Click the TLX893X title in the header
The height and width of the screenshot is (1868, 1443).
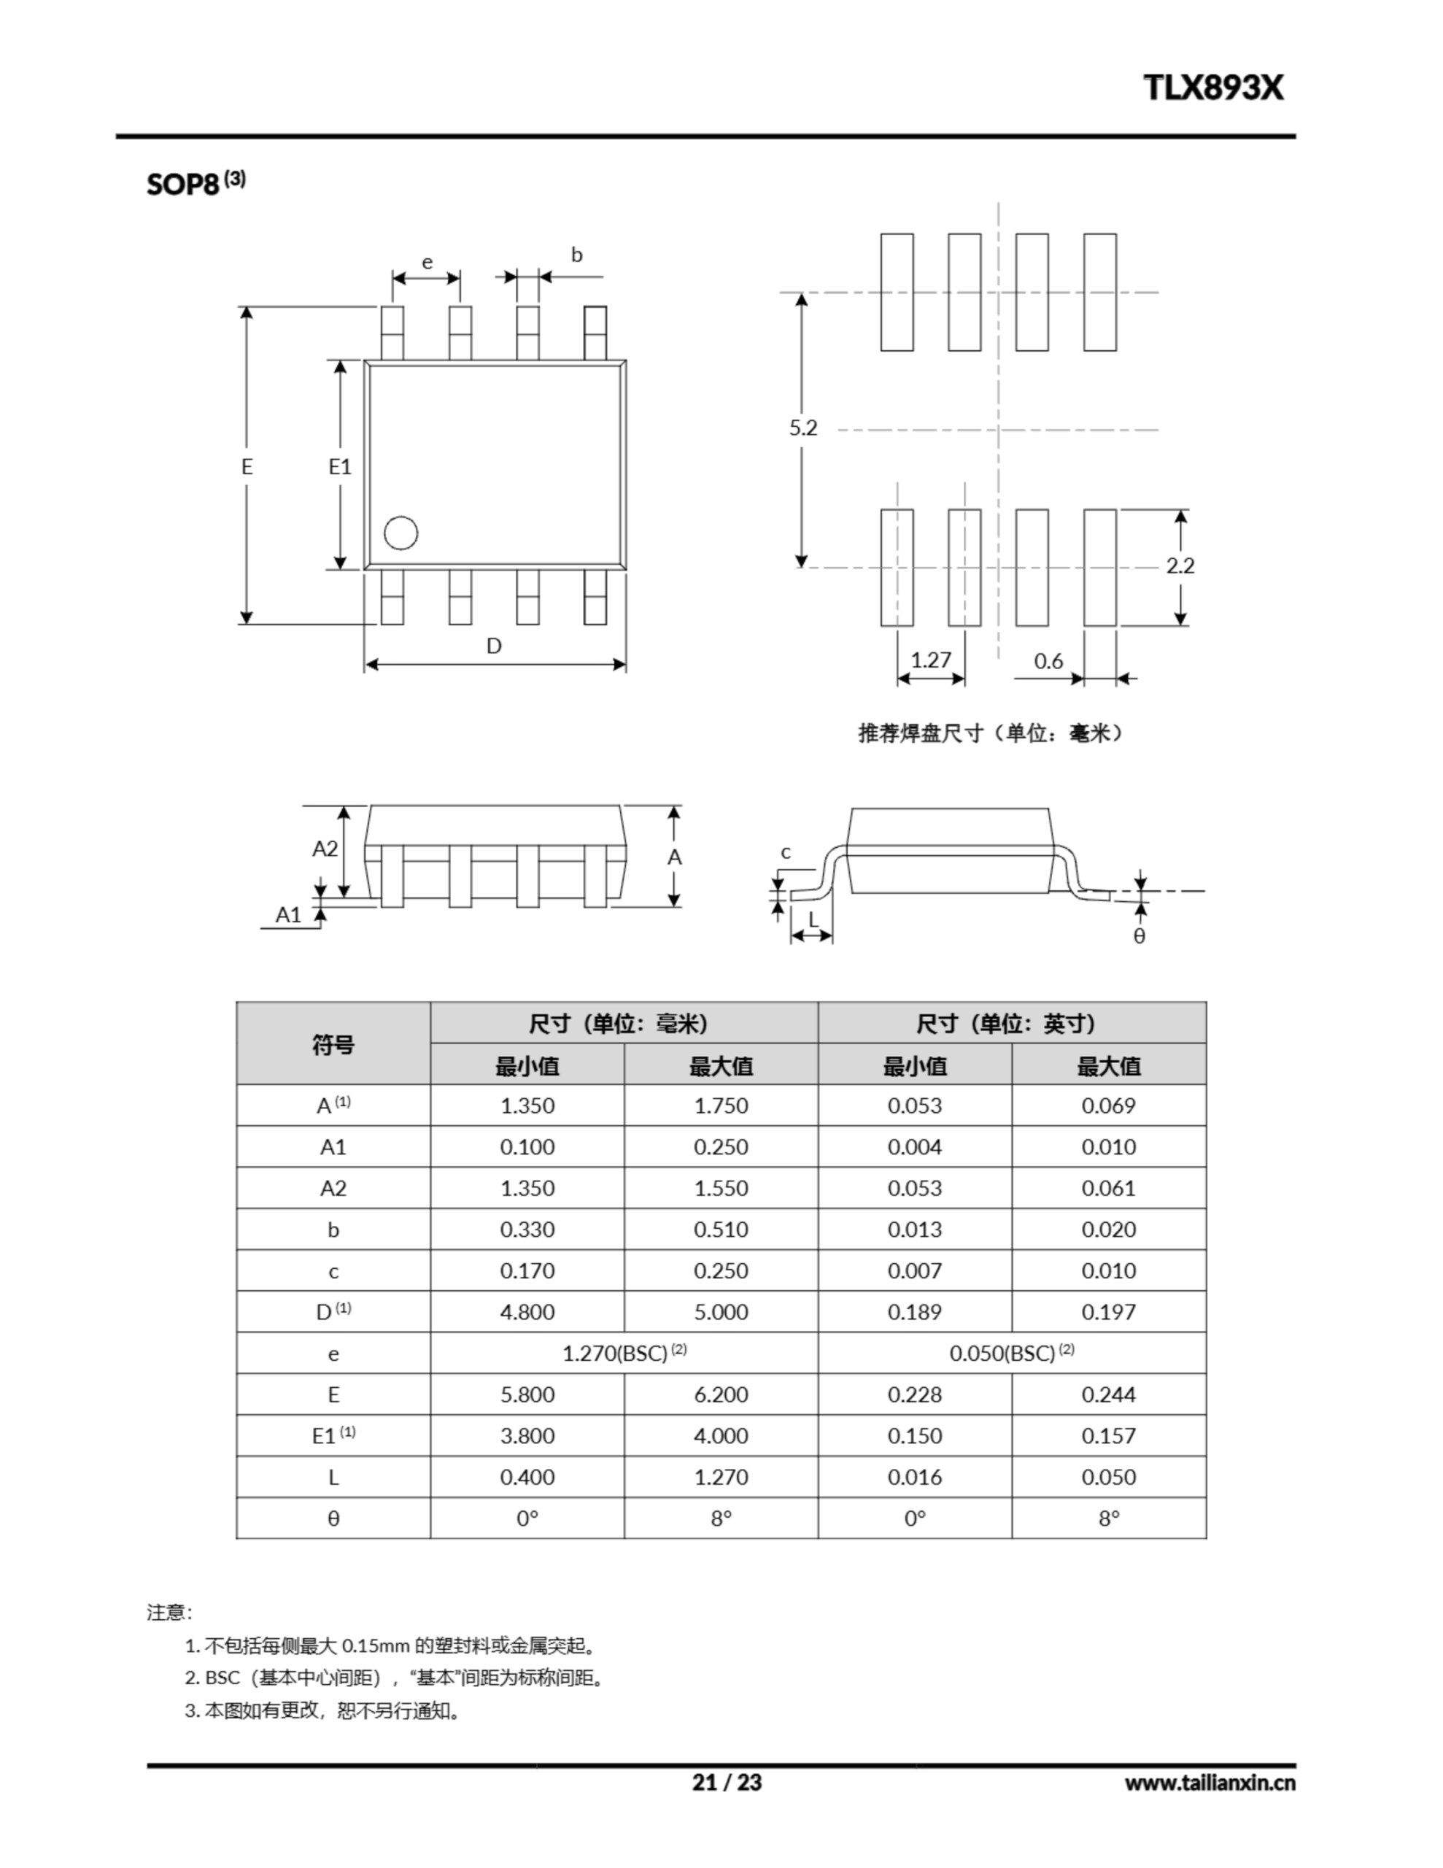point(1213,88)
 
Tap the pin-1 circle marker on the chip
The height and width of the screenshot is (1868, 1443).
point(401,533)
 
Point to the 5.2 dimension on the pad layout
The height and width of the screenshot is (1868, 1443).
point(803,428)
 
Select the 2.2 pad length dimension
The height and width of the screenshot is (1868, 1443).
point(1180,566)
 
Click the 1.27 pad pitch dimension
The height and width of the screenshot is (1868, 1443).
point(931,660)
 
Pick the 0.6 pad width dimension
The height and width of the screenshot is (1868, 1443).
point(1048,661)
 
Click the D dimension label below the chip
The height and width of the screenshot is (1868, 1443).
point(494,647)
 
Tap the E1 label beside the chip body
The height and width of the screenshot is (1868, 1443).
point(339,466)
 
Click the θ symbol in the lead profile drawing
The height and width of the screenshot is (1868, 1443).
point(1140,935)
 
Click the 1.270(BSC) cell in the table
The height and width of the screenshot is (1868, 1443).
point(624,1353)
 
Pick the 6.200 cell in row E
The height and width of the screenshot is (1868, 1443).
point(720,1394)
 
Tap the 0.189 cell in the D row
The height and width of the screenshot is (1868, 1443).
point(914,1312)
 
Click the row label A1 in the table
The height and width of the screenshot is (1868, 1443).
point(333,1147)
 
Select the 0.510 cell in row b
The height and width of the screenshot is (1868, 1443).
point(720,1229)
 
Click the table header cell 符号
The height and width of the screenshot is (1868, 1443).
point(333,1044)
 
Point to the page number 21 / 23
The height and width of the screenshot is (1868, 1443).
point(726,1783)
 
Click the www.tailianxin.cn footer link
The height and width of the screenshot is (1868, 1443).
point(1210,1783)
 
